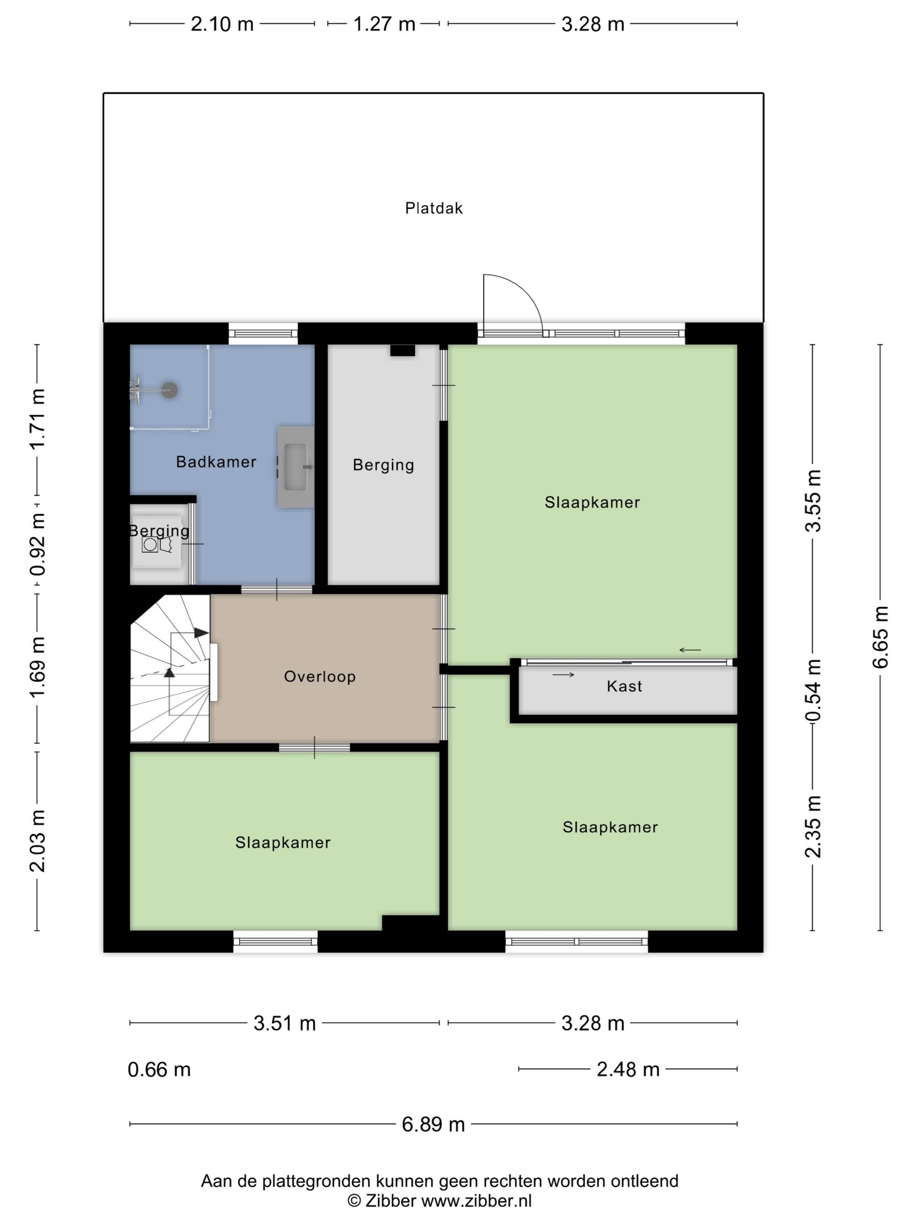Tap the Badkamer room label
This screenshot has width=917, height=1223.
[216, 462]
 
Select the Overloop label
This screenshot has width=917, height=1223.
[320, 676]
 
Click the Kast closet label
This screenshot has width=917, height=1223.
[624, 686]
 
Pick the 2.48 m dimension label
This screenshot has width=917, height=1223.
[628, 1069]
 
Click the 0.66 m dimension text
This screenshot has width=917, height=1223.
[159, 1069]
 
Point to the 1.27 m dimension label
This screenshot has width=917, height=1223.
[384, 24]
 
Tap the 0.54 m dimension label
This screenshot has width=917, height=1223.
[813, 691]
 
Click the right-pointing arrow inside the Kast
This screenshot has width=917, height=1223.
[563, 674]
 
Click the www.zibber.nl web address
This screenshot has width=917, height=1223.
[476, 1200]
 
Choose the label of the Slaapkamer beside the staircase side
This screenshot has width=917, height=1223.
[283, 842]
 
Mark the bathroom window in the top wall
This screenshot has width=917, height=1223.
[263, 333]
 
